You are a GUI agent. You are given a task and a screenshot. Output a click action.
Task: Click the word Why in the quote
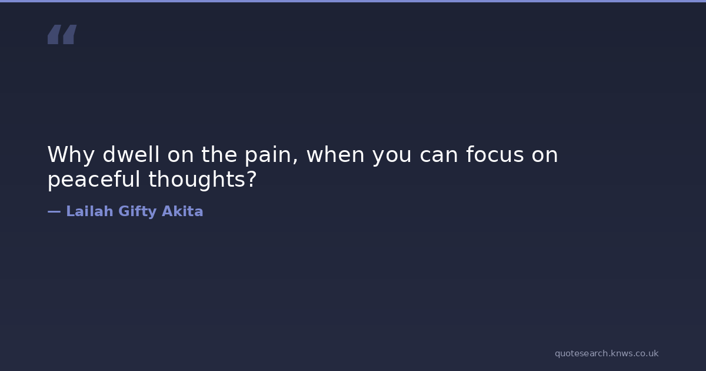pyautogui.click(x=71, y=155)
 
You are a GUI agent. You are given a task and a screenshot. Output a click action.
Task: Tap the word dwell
pyautogui.click(x=131, y=154)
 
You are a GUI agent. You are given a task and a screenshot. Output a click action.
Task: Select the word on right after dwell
pyautogui.click(x=181, y=156)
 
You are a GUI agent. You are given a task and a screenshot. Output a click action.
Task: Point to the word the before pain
pyautogui.click(x=219, y=154)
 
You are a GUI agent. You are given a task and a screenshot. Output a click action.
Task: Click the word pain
pyautogui.click(x=268, y=155)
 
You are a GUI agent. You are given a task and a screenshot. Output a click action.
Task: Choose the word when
pyautogui.click(x=335, y=154)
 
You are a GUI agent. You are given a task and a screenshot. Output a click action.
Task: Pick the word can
pyautogui.click(x=439, y=156)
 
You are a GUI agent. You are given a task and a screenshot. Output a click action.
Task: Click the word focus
pyautogui.click(x=495, y=154)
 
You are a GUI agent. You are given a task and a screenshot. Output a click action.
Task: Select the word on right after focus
pyautogui.click(x=545, y=156)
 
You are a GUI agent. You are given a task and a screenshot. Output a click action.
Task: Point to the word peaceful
pyautogui.click(x=94, y=180)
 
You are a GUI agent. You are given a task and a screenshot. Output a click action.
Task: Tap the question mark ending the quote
pyautogui.click(x=251, y=178)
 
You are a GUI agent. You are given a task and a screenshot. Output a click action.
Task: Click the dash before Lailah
pyautogui.click(x=54, y=211)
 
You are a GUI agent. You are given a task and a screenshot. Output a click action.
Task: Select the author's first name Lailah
pyautogui.click(x=89, y=211)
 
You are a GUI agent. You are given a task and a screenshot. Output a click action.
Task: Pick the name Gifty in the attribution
pyautogui.click(x=138, y=211)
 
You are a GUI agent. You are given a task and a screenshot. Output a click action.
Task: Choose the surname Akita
pyautogui.click(x=182, y=211)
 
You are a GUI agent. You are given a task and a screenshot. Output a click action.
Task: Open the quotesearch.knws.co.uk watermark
pyautogui.click(x=607, y=354)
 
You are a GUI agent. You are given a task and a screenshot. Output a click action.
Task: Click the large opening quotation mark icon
pyautogui.click(x=62, y=34)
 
